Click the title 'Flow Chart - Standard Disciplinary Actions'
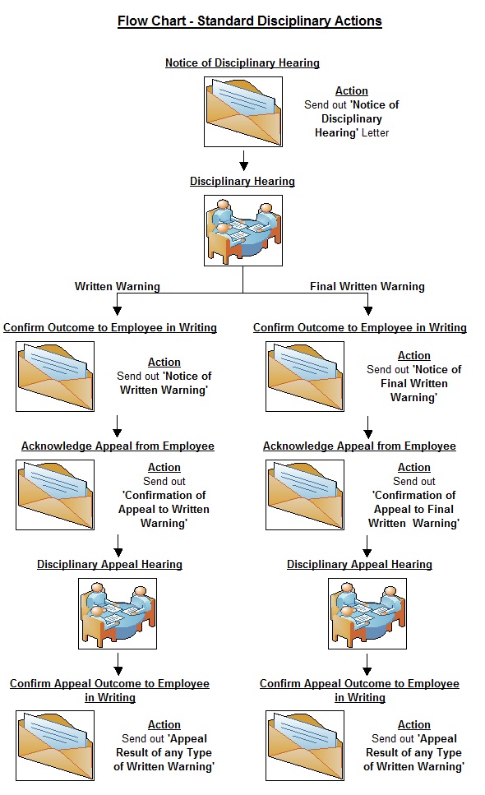pos(249,21)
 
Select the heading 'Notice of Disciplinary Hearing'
pos(242,62)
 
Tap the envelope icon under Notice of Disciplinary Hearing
pos(243,112)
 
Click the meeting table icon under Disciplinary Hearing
pos(243,231)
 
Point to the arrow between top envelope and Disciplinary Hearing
pos(243,159)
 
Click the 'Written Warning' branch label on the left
pos(117,286)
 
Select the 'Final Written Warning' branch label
pos(367,286)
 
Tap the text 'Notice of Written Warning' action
pos(164,383)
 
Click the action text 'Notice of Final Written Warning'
pos(414,383)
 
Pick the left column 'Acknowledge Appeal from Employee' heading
pos(118,446)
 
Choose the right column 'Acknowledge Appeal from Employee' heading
pos(359,446)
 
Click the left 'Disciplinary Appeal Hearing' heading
pos(109,564)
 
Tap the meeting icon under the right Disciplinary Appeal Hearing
pos(367,613)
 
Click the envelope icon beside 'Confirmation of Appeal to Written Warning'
pos(55,495)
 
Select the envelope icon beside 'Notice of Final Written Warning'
pos(305,377)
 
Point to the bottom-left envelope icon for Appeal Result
pos(55,746)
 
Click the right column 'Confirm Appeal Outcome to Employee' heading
pos(359,690)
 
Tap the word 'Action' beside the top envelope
pos(352,90)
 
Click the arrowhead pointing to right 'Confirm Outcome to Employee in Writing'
pos(368,311)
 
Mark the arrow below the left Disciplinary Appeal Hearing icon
pos(118,663)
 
